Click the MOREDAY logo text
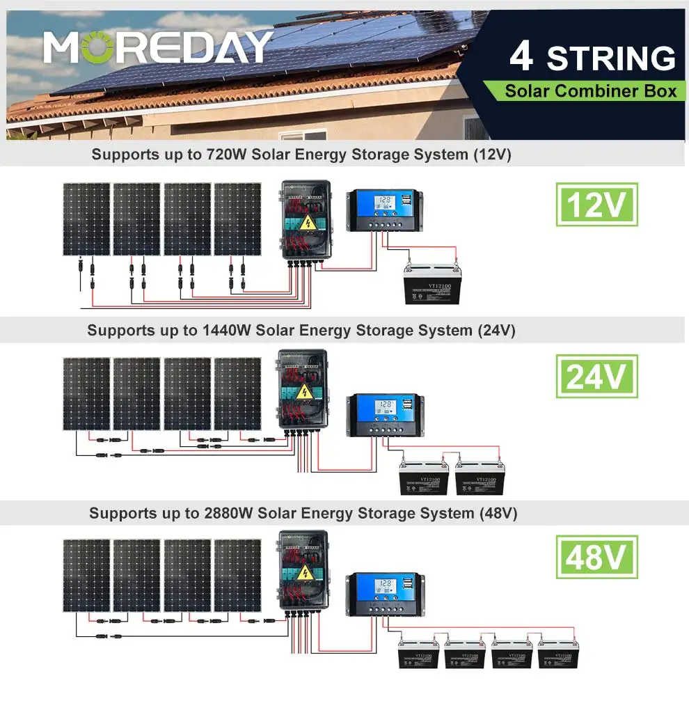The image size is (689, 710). (x=158, y=48)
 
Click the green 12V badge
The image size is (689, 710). (x=596, y=205)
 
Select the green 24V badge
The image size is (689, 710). (x=596, y=377)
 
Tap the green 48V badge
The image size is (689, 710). (x=596, y=557)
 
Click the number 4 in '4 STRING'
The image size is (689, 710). (x=521, y=57)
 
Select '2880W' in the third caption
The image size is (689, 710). (x=231, y=514)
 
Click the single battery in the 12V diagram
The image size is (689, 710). (x=433, y=285)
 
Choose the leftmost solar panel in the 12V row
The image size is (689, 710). (x=86, y=219)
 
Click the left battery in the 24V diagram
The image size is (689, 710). (x=423, y=479)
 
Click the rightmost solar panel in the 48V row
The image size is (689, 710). (x=237, y=575)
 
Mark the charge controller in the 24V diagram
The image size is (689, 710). (x=384, y=415)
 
